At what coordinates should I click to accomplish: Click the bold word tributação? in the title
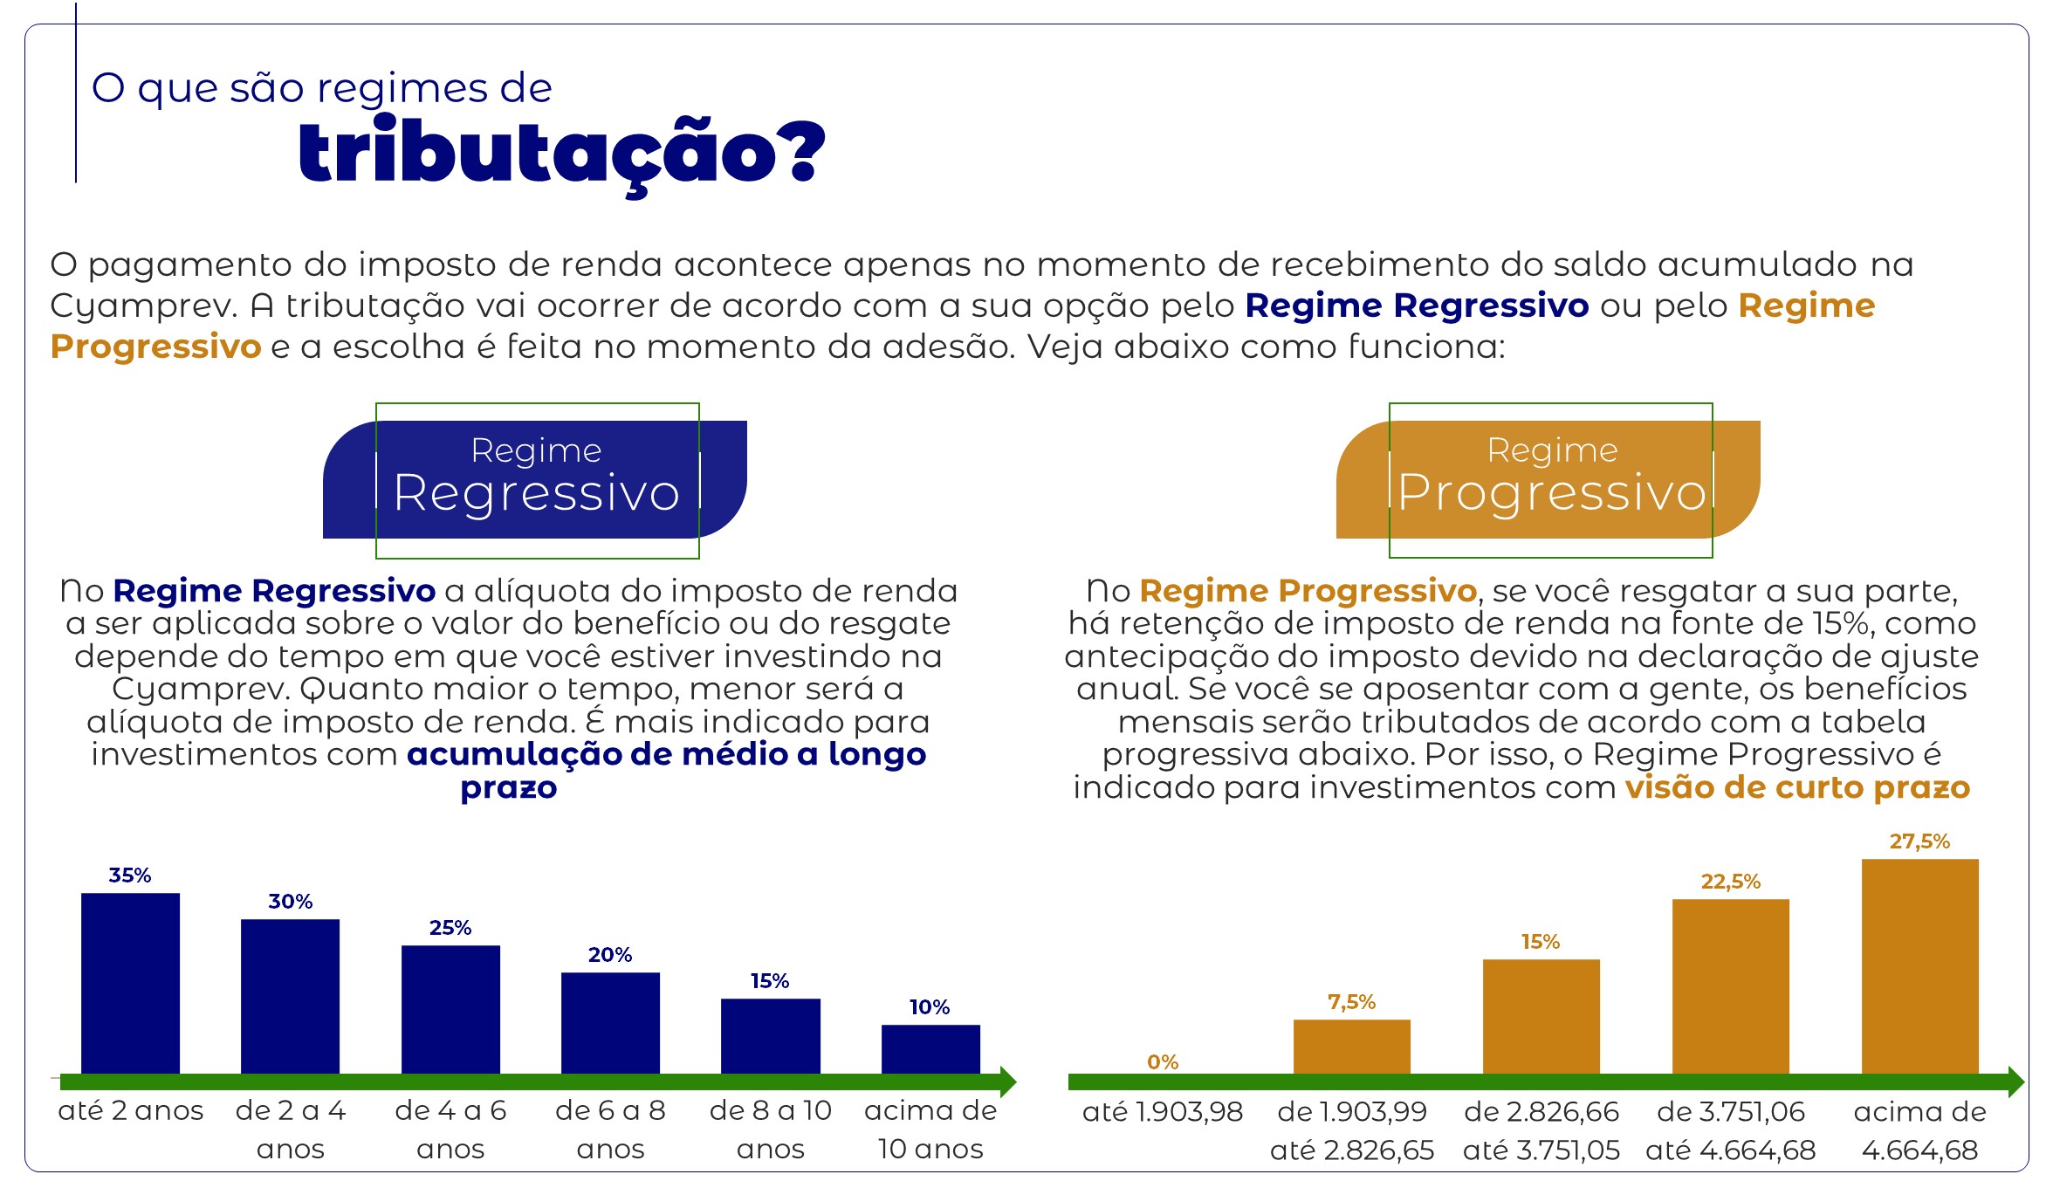(x=561, y=154)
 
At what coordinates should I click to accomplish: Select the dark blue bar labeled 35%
(x=130, y=984)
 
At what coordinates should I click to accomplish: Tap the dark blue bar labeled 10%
(x=930, y=1049)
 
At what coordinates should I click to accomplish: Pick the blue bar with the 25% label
(x=450, y=1010)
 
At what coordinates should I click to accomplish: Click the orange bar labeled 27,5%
(x=1919, y=966)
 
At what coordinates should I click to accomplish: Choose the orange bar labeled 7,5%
(x=1351, y=1047)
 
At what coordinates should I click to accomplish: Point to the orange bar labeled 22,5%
(x=1730, y=986)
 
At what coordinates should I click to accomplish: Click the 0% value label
(x=1163, y=1061)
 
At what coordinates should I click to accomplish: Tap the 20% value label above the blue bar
(x=610, y=954)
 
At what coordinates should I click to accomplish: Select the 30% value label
(x=291, y=901)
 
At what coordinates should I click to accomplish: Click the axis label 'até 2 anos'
(x=131, y=1110)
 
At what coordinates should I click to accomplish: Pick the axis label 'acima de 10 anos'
(x=930, y=1130)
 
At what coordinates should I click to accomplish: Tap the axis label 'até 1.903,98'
(x=1163, y=1111)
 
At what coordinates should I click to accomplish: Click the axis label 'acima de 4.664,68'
(x=1919, y=1130)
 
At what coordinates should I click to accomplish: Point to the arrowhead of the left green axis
(x=1008, y=1082)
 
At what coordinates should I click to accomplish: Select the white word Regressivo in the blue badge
(x=537, y=492)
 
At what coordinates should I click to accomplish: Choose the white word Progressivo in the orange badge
(x=1552, y=492)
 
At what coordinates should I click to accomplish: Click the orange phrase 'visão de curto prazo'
(x=1797, y=787)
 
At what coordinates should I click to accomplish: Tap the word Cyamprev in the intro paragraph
(x=143, y=306)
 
